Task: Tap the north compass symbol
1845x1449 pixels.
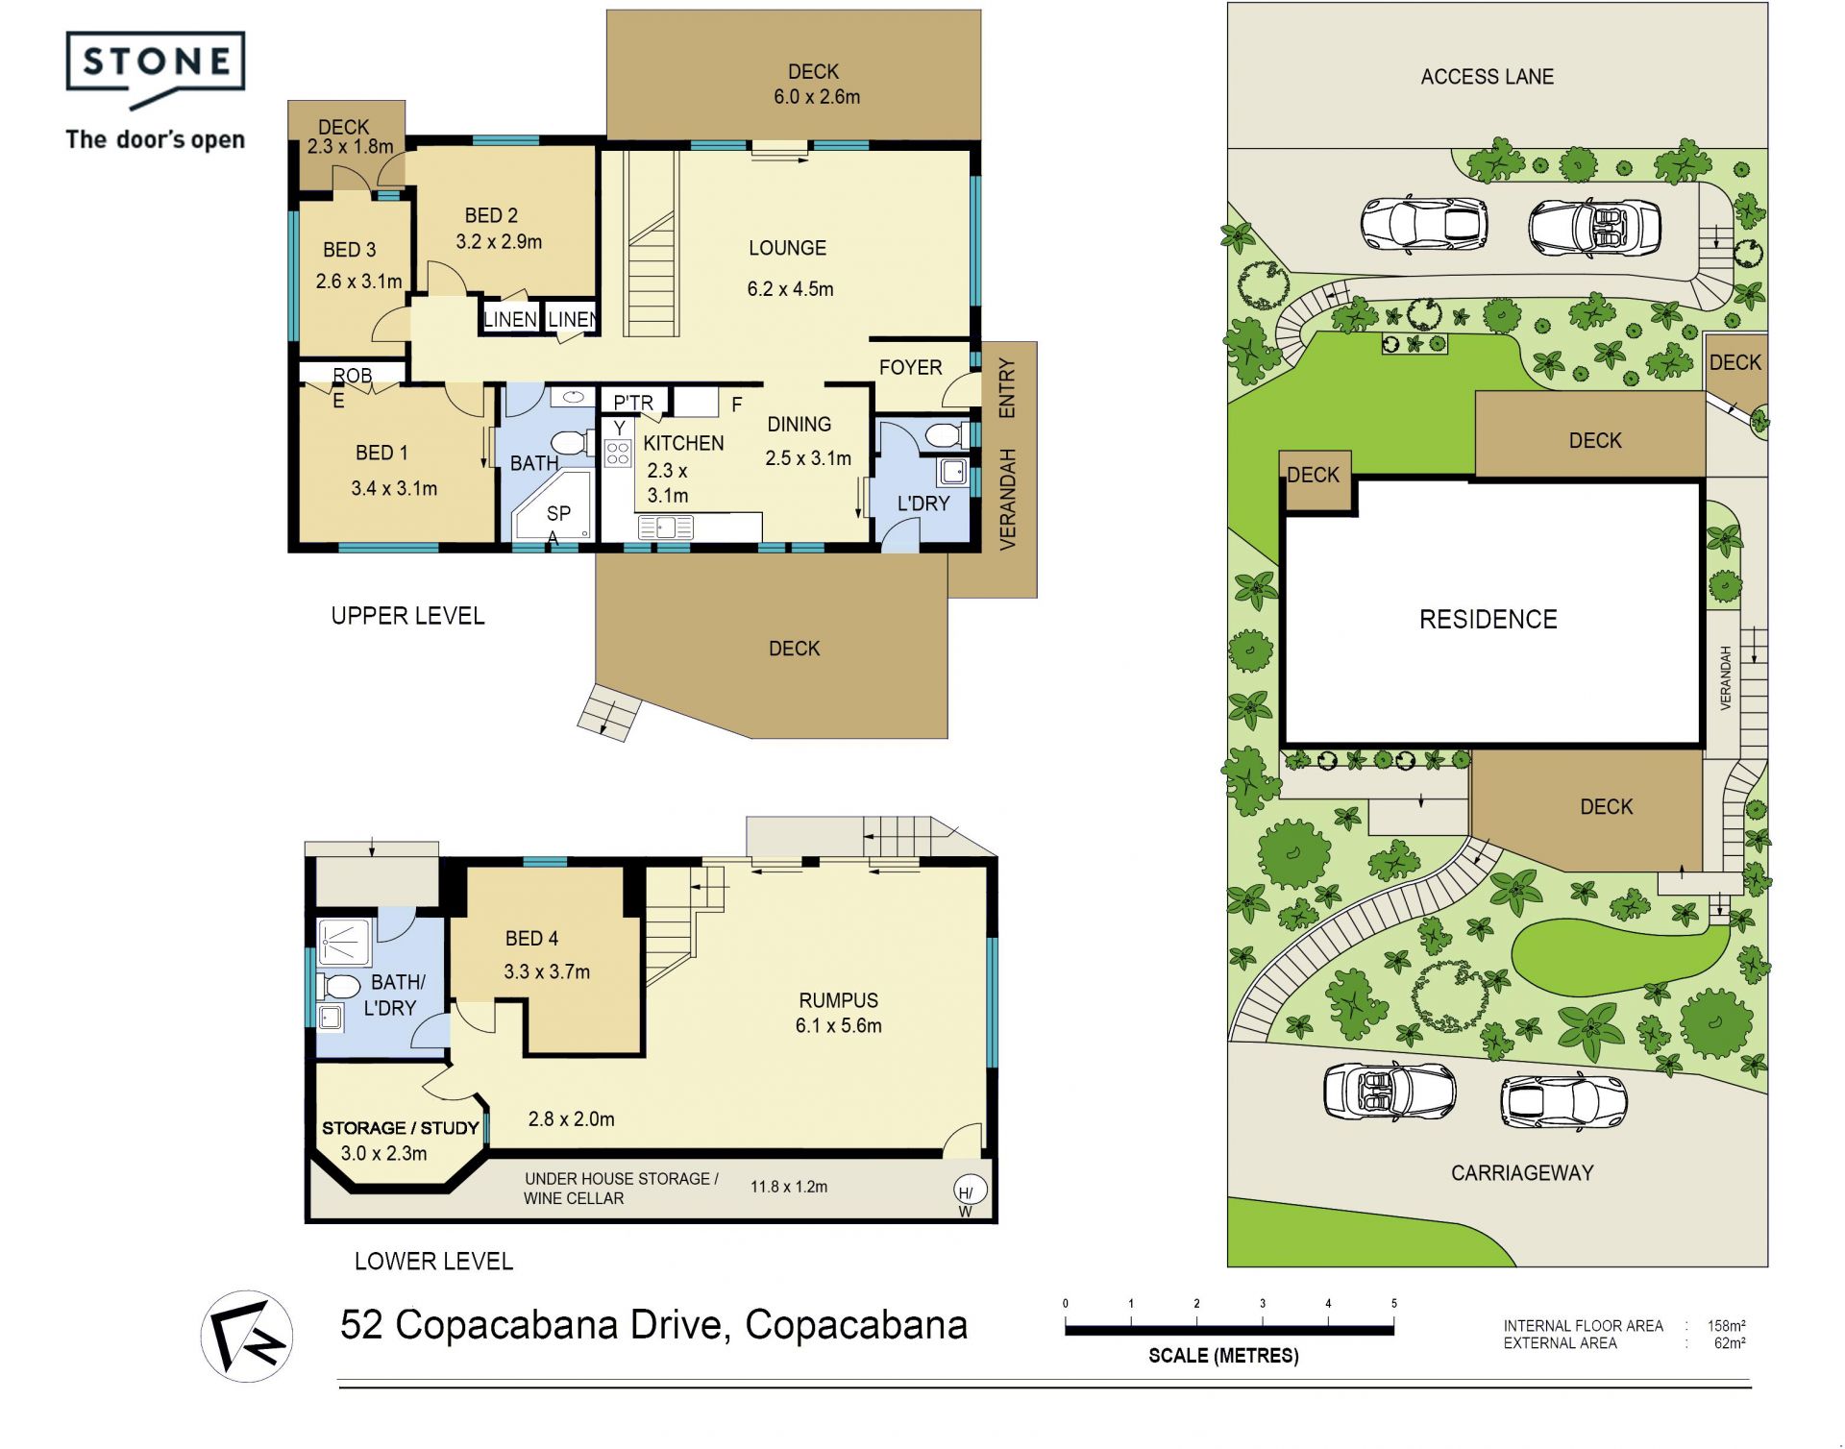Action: point(247,1336)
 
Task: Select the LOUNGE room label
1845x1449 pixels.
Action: point(787,248)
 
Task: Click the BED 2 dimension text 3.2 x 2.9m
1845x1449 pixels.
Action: point(499,242)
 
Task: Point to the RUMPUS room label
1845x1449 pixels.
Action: point(838,1000)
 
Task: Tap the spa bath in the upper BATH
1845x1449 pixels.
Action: point(552,506)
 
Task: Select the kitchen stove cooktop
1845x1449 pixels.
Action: point(618,453)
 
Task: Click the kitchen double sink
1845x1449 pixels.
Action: point(666,527)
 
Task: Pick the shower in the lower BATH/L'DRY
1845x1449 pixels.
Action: point(344,943)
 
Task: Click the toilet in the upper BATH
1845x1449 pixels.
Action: point(574,443)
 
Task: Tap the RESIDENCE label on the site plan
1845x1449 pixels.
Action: point(1488,619)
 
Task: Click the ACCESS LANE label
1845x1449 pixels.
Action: point(1487,77)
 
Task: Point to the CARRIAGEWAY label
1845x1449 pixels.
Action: point(1522,1172)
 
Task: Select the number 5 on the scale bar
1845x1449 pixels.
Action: point(1393,1304)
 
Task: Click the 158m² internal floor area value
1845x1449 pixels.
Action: point(1726,1326)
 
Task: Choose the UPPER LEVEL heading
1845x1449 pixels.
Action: point(407,616)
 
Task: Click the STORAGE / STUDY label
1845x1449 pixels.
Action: point(400,1128)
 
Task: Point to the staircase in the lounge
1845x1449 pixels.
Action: point(652,244)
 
